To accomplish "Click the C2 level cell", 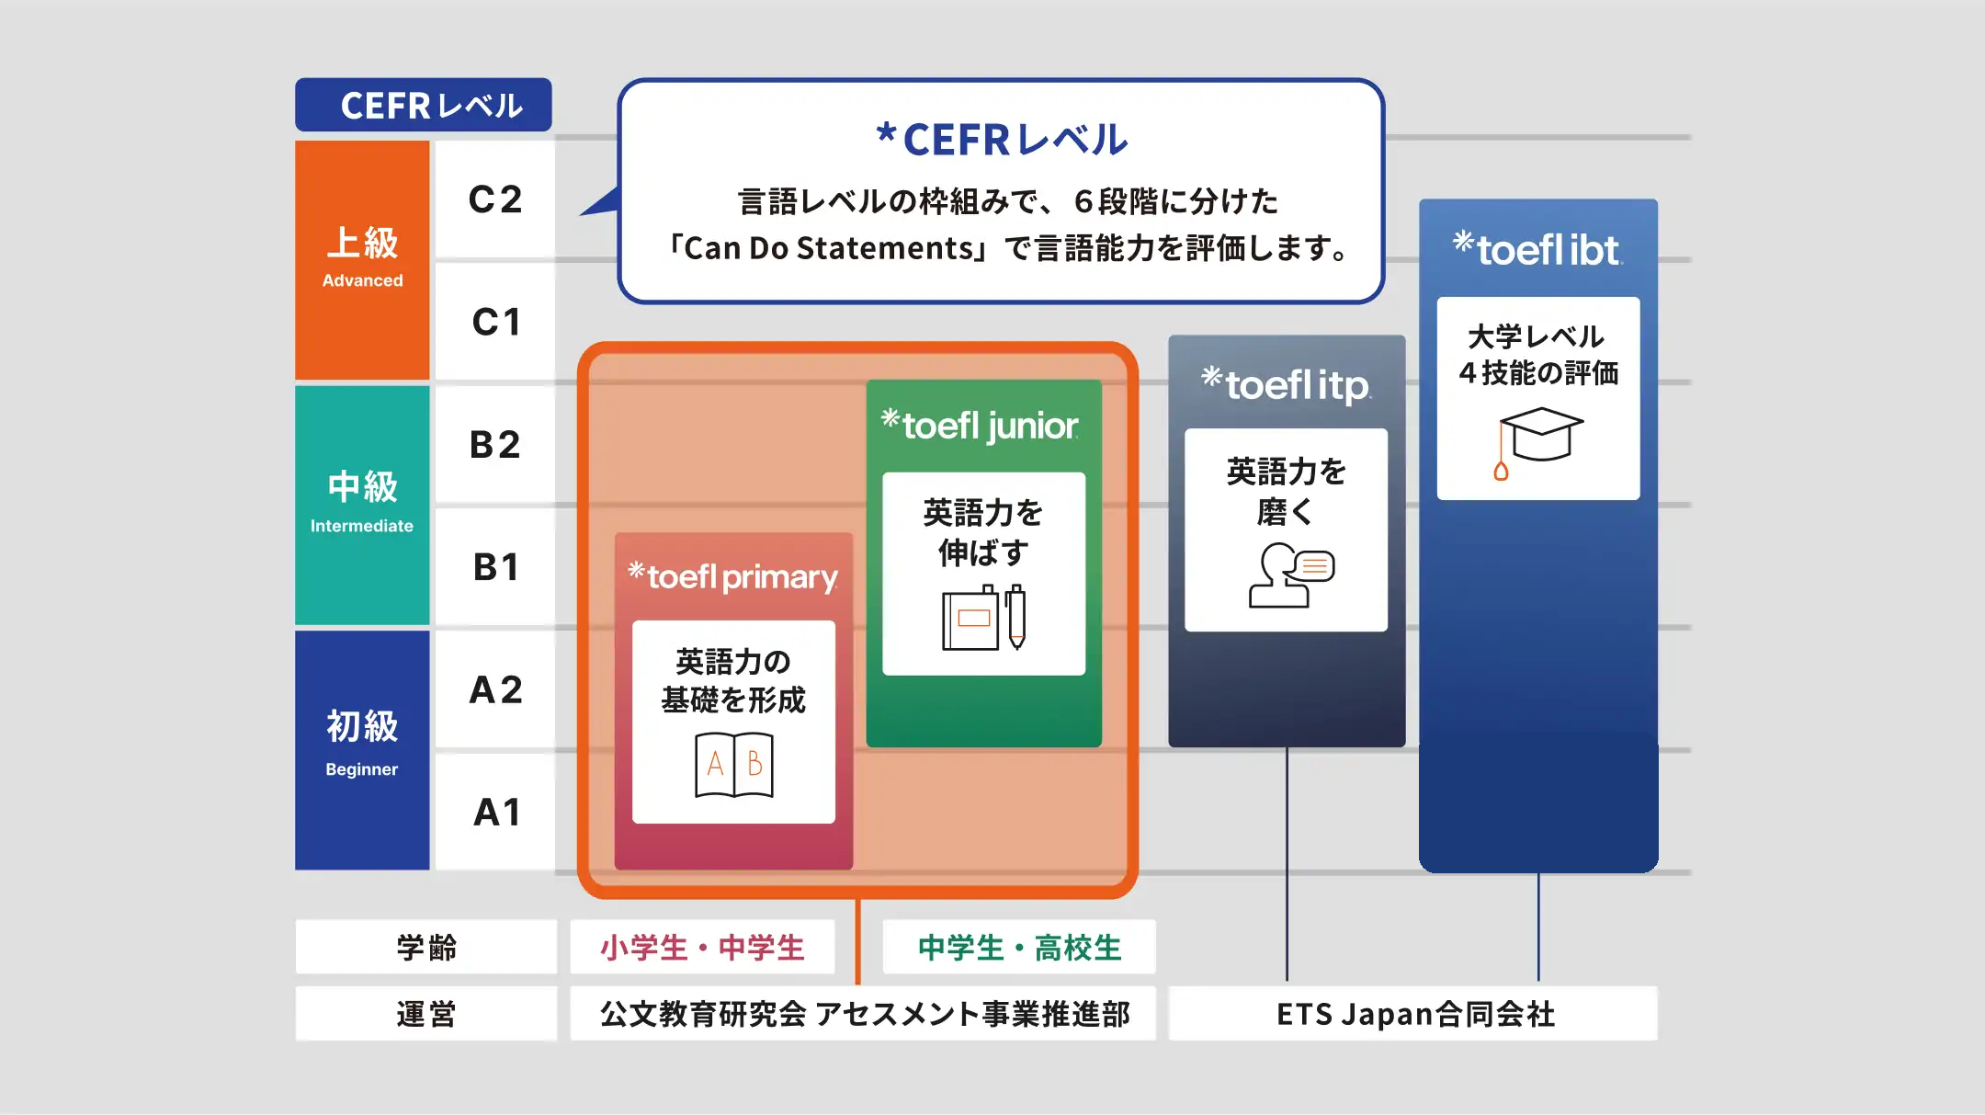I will (495, 199).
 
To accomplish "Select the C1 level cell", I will (495, 322).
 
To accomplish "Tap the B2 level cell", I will (495, 445).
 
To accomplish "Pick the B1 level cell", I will (495, 567).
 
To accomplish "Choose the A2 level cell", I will (495, 689).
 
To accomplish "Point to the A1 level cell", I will (495, 813).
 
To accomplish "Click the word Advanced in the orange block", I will (362, 280).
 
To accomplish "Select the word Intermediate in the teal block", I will (362, 526).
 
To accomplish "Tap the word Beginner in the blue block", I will (362, 769).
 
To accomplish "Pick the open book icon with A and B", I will (733, 764).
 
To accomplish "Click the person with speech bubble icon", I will (1290, 575).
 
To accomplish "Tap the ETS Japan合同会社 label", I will (1414, 1014).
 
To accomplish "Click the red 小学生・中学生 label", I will (702, 947).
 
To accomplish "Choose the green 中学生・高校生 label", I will (1019, 947).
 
